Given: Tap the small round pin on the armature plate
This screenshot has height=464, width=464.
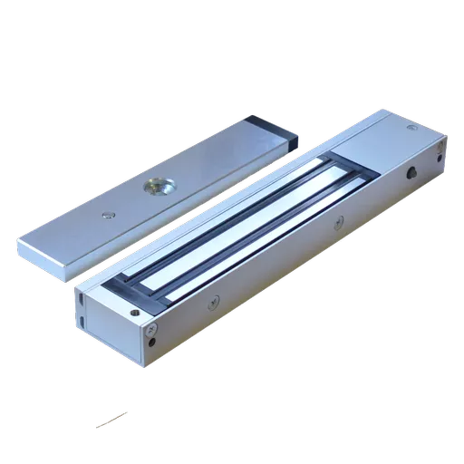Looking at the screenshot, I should tap(109, 215).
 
